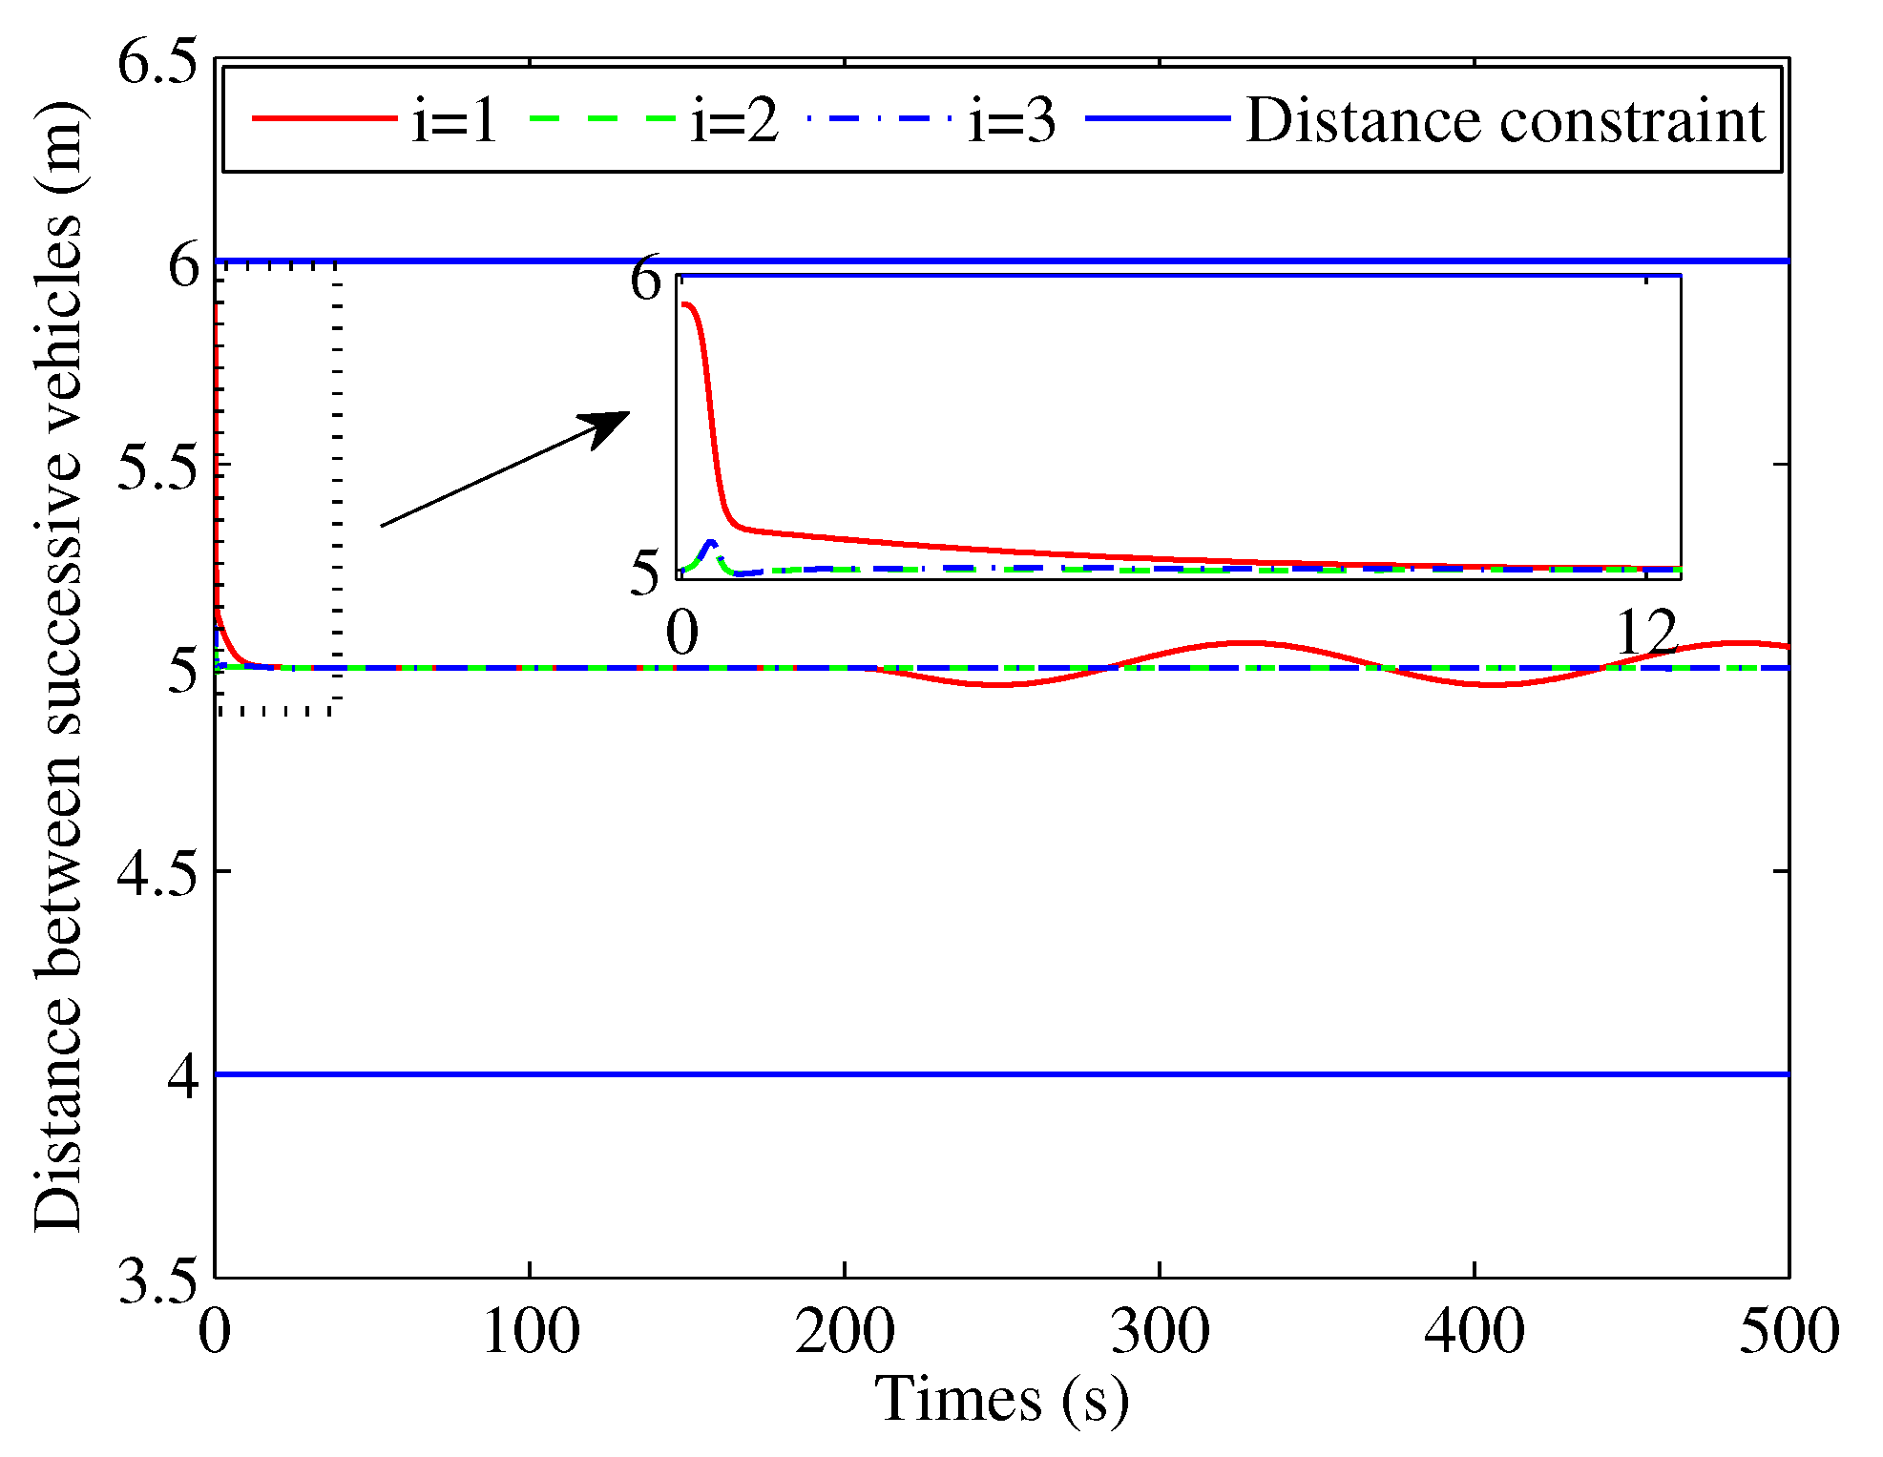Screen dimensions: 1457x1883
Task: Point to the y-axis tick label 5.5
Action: pos(157,468)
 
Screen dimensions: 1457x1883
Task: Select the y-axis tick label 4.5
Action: pos(157,874)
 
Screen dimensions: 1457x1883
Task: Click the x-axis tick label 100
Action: pos(530,1332)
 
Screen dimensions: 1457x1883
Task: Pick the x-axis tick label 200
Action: pos(845,1332)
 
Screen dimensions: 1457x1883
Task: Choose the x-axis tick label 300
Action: pos(1160,1332)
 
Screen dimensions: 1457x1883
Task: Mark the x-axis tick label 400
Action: pos(1475,1332)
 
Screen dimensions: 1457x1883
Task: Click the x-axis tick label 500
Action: pos(1789,1332)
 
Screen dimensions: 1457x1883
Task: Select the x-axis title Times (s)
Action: pos(1001,1401)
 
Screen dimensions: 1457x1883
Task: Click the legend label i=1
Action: pos(454,121)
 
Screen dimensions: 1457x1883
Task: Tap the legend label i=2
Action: pos(734,121)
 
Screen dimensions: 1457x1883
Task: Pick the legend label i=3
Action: pos(1012,121)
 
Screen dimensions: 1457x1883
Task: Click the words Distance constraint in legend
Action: pos(1505,121)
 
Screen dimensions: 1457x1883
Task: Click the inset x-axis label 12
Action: pos(1646,633)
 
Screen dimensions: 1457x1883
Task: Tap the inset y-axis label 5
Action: pos(646,574)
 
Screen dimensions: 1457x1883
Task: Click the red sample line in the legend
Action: pos(324,118)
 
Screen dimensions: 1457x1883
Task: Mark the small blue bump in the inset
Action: pos(710,545)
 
